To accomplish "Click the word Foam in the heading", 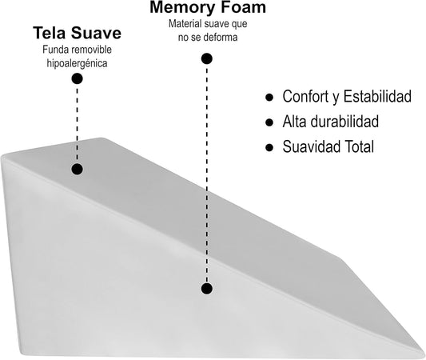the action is click(x=243, y=7).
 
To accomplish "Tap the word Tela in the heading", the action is click(x=50, y=33).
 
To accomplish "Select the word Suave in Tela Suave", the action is click(x=96, y=33).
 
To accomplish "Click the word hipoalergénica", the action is click(x=77, y=63).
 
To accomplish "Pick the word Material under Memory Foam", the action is click(x=185, y=24).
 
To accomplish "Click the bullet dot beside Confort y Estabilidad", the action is click(x=269, y=98).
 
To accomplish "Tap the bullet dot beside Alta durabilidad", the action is click(x=269, y=122).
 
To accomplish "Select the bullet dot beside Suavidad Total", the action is click(x=269, y=147).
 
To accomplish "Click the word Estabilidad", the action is click(x=377, y=96).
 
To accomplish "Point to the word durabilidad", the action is click(x=345, y=122).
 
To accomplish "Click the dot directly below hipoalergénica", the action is click(x=78, y=79).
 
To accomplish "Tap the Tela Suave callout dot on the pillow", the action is click(x=78, y=169).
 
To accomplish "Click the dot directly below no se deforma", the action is click(x=207, y=58).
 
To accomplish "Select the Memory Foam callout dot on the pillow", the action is click(x=207, y=289).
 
